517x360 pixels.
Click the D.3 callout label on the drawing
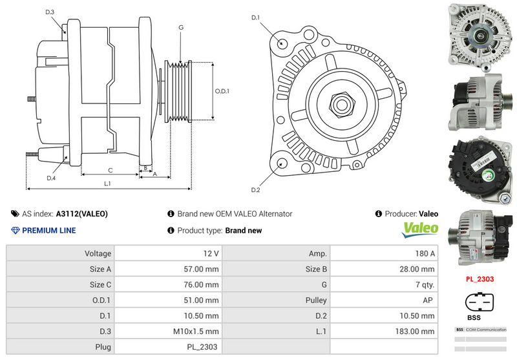coord(50,12)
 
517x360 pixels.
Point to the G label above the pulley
coord(181,27)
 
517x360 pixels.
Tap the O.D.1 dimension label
coord(222,91)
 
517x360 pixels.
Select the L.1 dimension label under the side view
coord(108,184)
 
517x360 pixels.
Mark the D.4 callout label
coord(51,178)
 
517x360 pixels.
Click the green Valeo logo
coord(421,229)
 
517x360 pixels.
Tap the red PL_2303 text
coord(480,280)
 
